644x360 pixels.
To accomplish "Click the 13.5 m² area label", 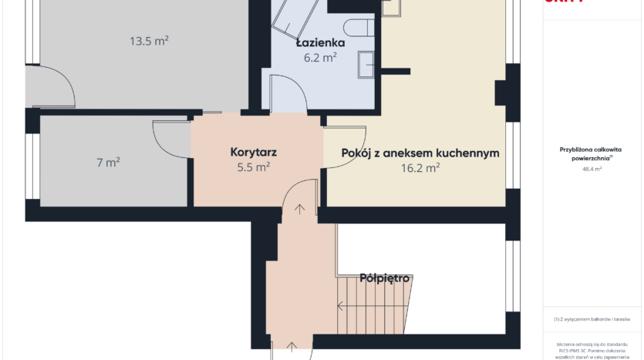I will pyautogui.click(x=150, y=42).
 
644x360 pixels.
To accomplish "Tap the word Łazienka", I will pyautogui.click(x=318, y=44).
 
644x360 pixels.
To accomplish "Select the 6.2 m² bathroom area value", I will pyautogui.click(x=318, y=58).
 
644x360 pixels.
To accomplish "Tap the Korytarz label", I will pyautogui.click(x=254, y=152).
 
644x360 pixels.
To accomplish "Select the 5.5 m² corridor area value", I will pyautogui.click(x=254, y=166).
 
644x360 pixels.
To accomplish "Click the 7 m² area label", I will pyautogui.click(x=108, y=163).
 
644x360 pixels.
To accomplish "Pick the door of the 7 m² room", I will pyautogui.click(x=171, y=139).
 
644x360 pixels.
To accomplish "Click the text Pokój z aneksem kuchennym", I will pyautogui.click(x=420, y=153).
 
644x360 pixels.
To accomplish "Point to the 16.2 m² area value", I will pyautogui.click(x=420, y=167).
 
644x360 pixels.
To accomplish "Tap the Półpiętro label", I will pyautogui.click(x=384, y=278).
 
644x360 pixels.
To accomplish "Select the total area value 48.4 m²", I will pyautogui.click(x=592, y=168).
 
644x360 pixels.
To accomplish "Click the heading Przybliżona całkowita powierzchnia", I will pyautogui.click(x=592, y=153).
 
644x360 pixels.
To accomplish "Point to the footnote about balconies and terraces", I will pyautogui.click(x=592, y=319).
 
